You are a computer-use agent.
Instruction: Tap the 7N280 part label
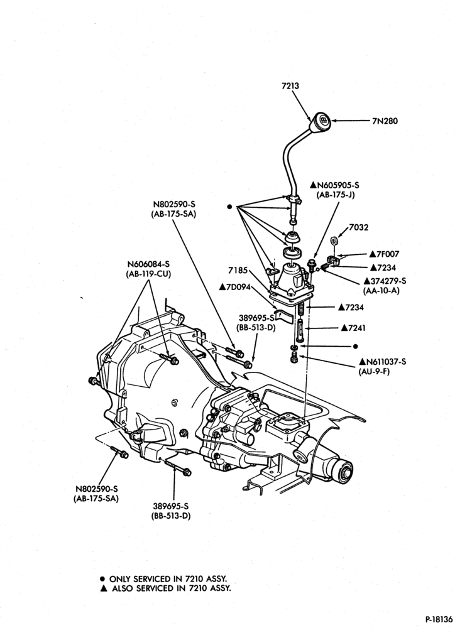coord(385,121)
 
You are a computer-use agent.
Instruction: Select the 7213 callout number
coord(290,85)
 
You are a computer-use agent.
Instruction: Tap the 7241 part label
coord(354,328)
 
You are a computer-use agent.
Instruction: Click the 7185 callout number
coord(238,271)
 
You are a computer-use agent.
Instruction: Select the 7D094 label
coord(234,287)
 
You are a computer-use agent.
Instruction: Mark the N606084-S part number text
coord(149,264)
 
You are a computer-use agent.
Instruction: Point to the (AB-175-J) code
coord(336,195)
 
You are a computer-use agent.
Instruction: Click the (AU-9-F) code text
coord(374,371)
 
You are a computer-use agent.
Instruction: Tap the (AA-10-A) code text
coord(381,290)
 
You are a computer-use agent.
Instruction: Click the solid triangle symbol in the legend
coord(103,588)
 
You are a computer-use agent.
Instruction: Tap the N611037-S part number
coord(383,362)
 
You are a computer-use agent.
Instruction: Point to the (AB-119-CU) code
coord(149,274)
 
